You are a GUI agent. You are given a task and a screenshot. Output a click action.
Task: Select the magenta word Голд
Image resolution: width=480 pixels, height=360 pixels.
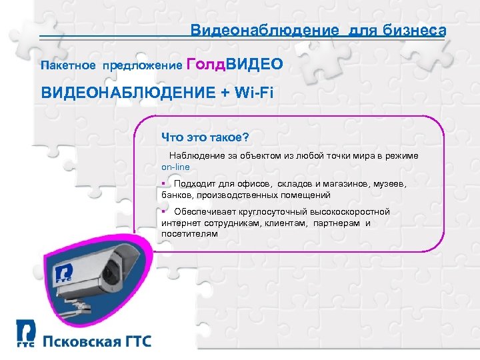tap(206, 64)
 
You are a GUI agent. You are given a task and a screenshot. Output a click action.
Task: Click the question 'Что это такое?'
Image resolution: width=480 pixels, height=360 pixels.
tap(204, 137)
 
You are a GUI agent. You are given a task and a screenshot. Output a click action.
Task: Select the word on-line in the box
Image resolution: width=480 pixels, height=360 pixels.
tap(176, 166)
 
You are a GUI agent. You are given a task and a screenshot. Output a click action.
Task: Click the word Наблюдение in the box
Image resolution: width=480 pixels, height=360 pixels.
tap(196, 155)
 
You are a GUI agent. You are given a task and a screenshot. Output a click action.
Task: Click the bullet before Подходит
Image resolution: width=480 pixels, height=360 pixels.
tap(163, 183)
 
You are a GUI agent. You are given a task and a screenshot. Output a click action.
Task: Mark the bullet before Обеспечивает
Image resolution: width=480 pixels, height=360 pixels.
tap(163, 211)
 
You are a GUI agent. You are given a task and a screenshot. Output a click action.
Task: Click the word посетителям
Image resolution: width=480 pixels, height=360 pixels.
tap(189, 234)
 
